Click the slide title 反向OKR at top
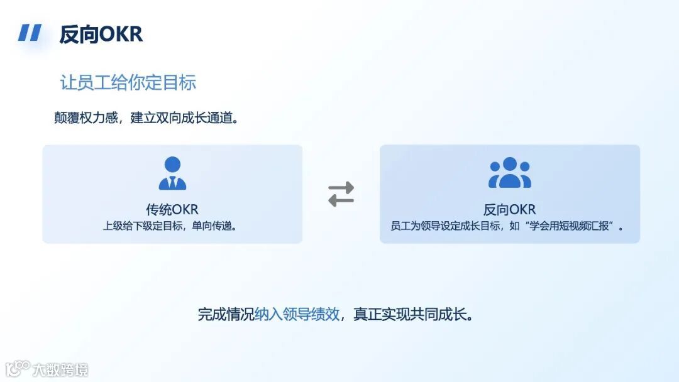pyautogui.click(x=101, y=34)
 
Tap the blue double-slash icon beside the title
pyautogui.click(x=30, y=33)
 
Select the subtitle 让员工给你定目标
pyautogui.click(x=128, y=82)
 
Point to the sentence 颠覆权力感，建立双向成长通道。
pyautogui.click(x=146, y=117)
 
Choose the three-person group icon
pyautogui.click(x=510, y=173)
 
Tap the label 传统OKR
pyautogui.click(x=172, y=209)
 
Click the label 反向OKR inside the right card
pyautogui.click(x=509, y=209)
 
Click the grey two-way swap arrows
pyautogui.click(x=341, y=194)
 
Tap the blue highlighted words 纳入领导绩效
pyautogui.click(x=297, y=314)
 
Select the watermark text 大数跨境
pyautogui.click(x=61, y=369)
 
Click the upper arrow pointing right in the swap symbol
pyautogui.click(x=341, y=187)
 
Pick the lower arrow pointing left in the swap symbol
pyautogui.click(x=341, y=201)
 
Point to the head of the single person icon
pyautogui.click(x=172, y=165)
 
